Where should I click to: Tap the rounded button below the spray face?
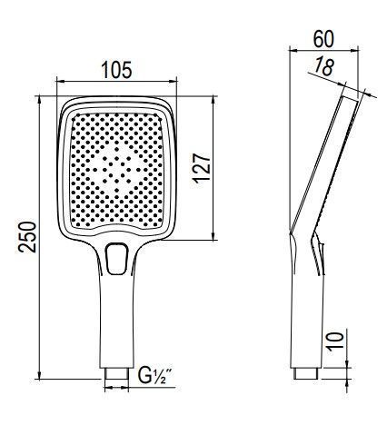click(117, 258)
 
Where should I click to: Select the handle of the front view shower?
click(116, 318)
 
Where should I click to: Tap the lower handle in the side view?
click(306, 318)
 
